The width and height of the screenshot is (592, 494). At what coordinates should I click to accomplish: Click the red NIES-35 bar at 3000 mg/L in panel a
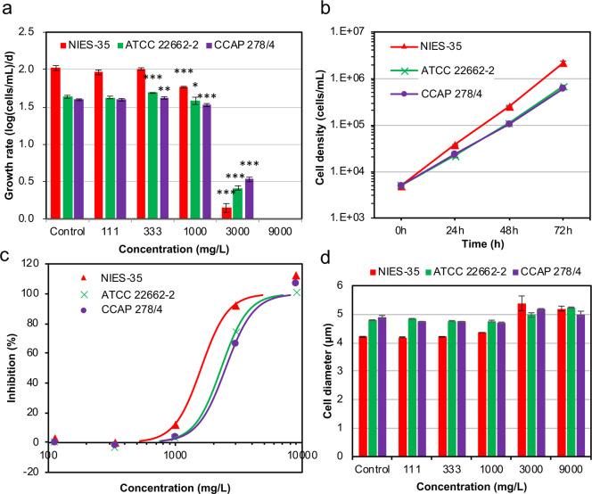tap(226, 212)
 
